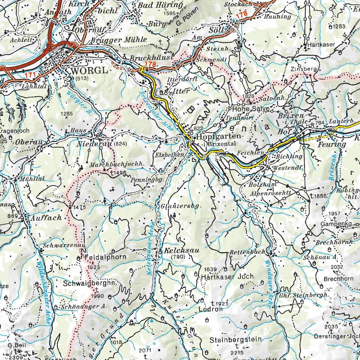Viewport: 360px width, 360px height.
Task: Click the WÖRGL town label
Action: pos(89,71)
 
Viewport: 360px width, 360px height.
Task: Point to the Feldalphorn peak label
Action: pos(105,257)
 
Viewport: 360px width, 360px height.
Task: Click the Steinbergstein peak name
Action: pos(236,339)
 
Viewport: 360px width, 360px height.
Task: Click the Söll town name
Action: pos(216,30)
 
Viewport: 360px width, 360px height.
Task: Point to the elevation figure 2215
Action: pos(237,353)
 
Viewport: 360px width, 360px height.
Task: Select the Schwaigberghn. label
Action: pos(89,283)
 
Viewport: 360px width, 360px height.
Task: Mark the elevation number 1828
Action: pos(248,96)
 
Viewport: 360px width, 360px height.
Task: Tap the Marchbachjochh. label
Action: pos(116,165)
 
